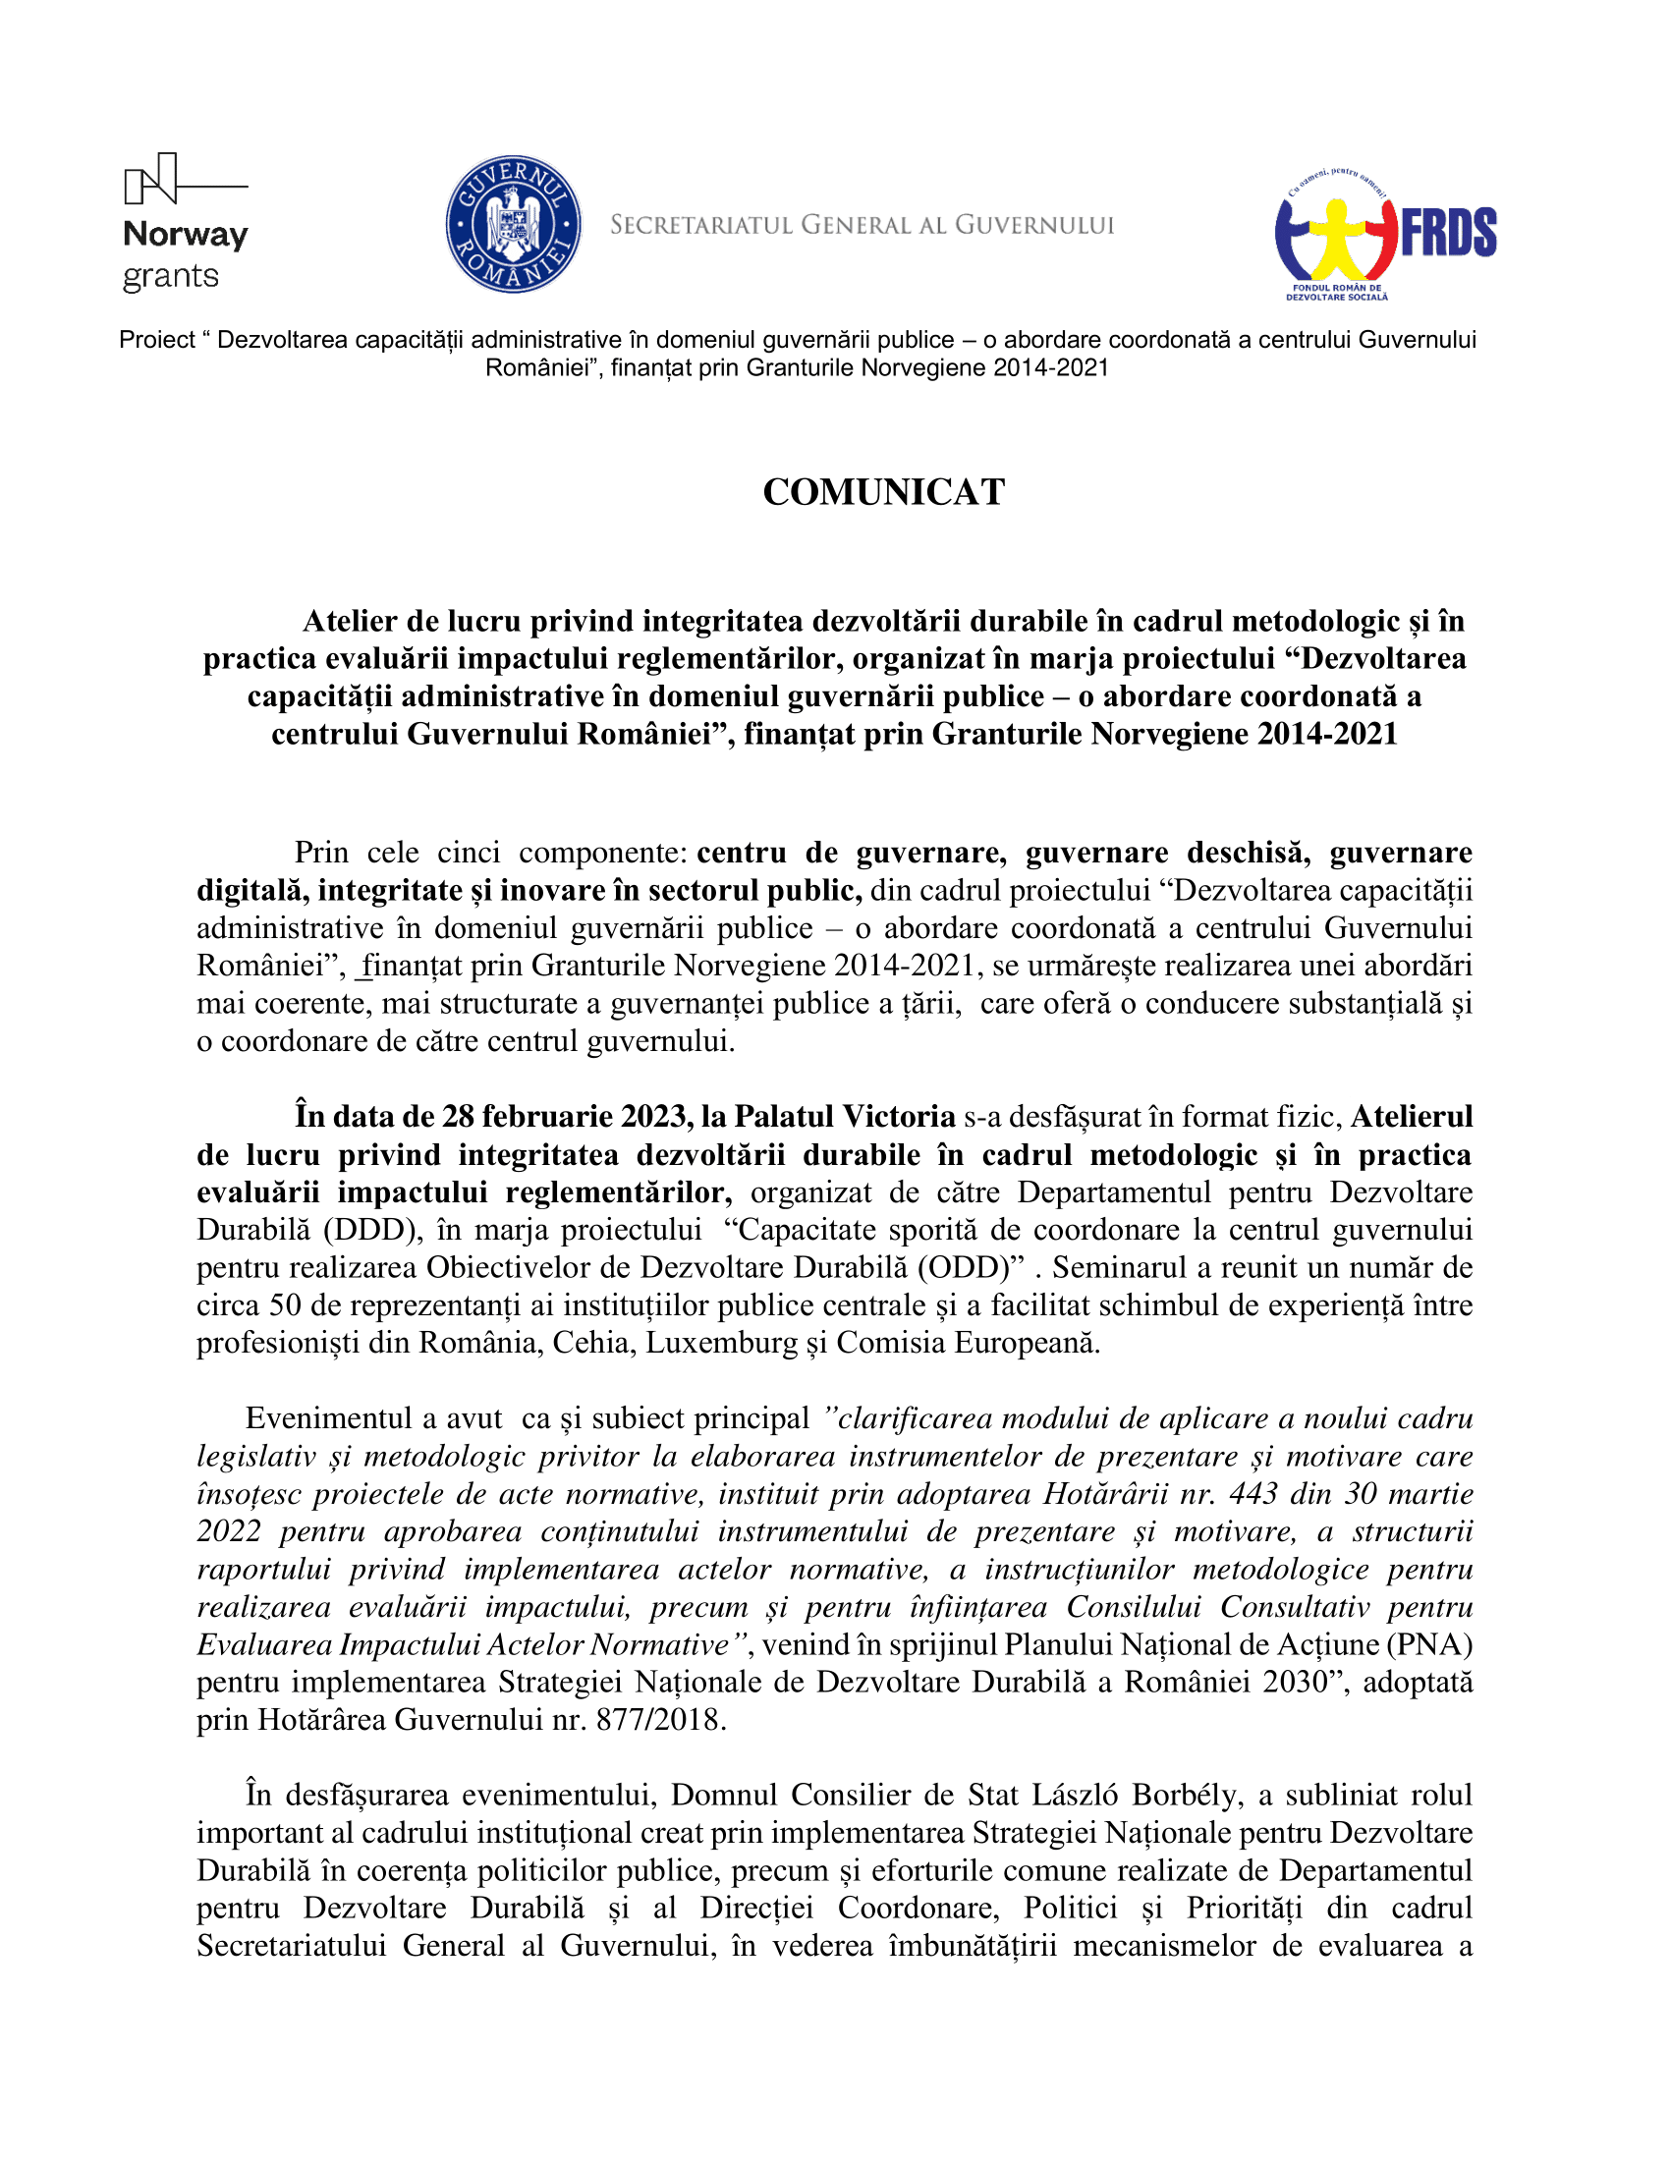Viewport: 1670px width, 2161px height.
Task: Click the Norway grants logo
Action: [185, 223]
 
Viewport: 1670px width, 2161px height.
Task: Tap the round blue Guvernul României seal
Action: [513, 224]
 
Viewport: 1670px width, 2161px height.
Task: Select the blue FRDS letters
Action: [1448, 234]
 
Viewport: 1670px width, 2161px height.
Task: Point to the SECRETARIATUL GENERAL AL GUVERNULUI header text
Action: [862, 226]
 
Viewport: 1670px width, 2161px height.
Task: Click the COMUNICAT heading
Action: [883, 492]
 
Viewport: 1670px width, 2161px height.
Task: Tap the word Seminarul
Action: [1123, 1267]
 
